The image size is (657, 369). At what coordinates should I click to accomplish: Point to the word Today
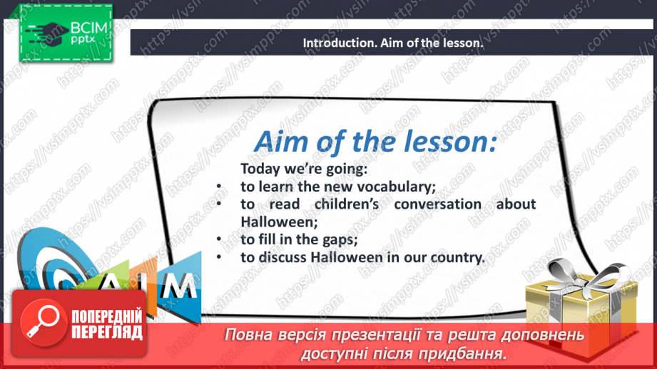[x=258, y=169]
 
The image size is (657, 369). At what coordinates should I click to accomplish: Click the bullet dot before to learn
[x=218, y=187]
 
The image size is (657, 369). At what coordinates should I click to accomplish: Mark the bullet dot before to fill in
[x=218, y=240]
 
